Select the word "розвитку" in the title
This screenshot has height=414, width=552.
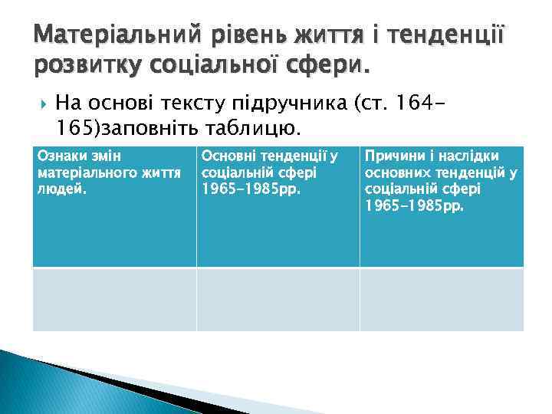pos(85,66)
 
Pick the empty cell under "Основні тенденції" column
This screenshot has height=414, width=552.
pos(278,299)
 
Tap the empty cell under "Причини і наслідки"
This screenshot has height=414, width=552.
pos(442,299)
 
